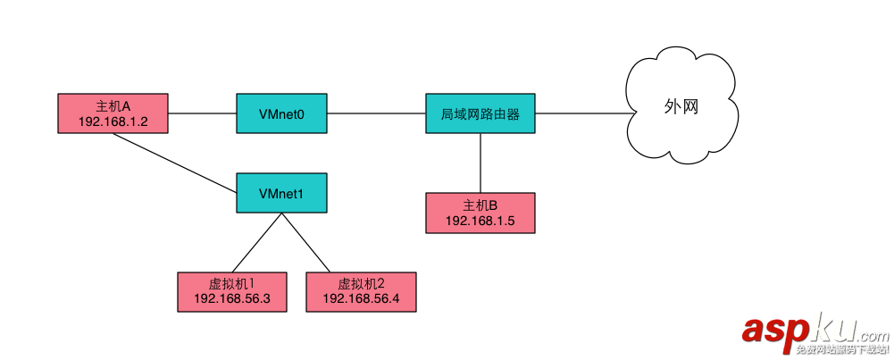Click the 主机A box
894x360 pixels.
point(113,113)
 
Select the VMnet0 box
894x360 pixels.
point(281,113)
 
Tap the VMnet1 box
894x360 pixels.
point(281,192)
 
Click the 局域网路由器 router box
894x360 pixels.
point(480,113)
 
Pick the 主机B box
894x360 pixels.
point(480,213)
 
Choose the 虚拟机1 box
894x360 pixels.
point(232,291)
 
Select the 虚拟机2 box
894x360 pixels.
point(361,291)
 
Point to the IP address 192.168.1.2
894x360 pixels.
point(113,121)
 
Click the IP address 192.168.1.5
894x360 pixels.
point(480,221)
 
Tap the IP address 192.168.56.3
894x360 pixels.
point(232,299)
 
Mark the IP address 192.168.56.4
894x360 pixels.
point(361,299)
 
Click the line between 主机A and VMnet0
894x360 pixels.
point(203,113)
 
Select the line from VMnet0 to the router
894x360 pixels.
point(376,113)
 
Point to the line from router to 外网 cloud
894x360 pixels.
point(581,113)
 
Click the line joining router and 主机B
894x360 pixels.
point(480,163)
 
